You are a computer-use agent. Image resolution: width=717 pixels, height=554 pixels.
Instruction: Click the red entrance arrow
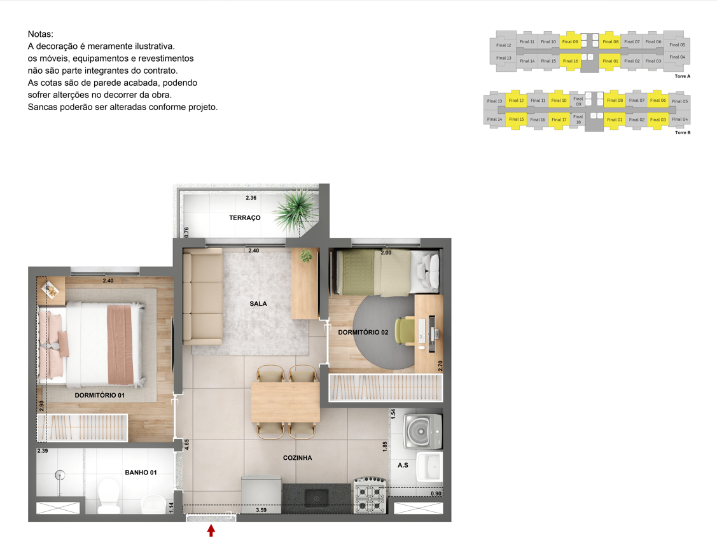click(x=211, y=530)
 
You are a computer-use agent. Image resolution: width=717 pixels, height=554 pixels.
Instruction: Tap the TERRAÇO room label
click(x=245, y=218)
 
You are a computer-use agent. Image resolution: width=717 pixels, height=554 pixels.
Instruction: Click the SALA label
click(x=258, y=303)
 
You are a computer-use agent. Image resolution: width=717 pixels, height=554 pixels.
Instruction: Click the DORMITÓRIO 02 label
click(x=363, y=332)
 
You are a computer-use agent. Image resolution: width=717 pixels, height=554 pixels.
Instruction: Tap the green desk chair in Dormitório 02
click(x=404, y=331)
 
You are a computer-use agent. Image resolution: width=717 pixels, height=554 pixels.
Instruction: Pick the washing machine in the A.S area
click(x=422, y=431)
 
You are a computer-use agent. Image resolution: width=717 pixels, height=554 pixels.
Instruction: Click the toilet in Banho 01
click(x=109, y=495)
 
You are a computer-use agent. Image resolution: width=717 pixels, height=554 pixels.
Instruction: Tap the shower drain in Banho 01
click(x=60, y=475)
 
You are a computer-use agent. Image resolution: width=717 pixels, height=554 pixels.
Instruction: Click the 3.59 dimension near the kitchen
click(x=261, y=510)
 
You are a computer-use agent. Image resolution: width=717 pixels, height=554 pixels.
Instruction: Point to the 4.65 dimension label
click(x=186, y=445)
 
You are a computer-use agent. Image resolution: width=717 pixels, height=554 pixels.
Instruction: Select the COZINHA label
click(x=297, y=457)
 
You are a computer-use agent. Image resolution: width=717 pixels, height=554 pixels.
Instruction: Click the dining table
click(x=285, y=403)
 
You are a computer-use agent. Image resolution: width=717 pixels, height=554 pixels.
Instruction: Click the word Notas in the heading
click(x=40, y=34)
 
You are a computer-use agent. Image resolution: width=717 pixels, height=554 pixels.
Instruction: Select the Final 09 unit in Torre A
click(x=570, y=41)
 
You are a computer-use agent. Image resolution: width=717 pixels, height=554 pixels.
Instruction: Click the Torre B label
click(x=683, y=132)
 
